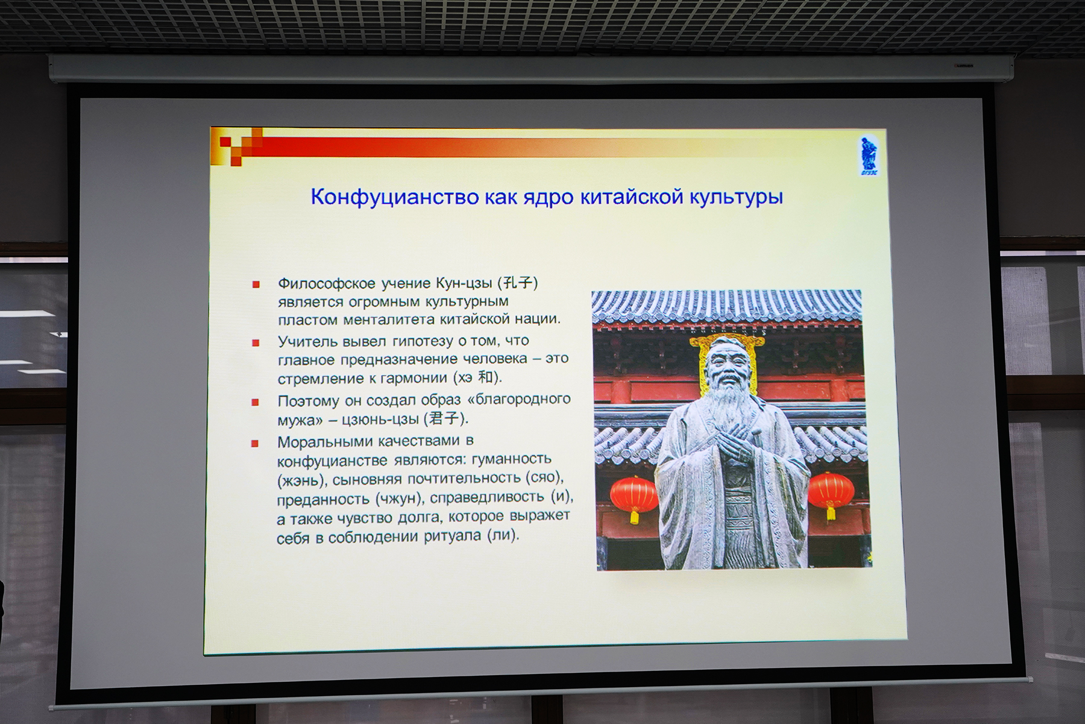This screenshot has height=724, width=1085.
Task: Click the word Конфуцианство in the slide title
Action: pos(395,197)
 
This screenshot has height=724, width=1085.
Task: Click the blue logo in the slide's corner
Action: pos(869,156)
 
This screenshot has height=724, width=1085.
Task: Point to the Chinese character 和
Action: pos(485,377)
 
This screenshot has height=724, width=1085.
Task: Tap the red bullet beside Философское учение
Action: pos(256,284)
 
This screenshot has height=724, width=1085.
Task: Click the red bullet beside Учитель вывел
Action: pos(256,342)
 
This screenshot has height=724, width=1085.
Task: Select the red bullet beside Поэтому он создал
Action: pos(255,401)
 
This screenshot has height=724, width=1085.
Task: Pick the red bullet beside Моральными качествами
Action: pos(254,443)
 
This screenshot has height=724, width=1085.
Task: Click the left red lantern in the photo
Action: pos(634,497)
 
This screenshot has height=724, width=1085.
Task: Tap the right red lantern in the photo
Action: pos(831,494)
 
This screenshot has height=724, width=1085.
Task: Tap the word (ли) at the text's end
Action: pos(503,535)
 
